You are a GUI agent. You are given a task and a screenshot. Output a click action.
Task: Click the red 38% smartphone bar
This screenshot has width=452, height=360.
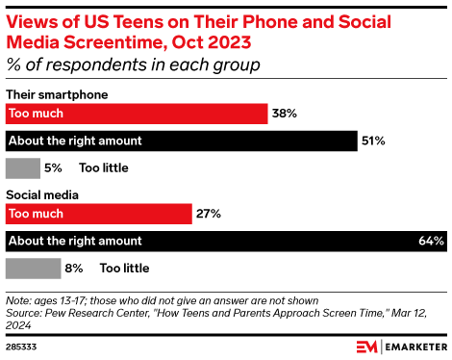tap(136, 114)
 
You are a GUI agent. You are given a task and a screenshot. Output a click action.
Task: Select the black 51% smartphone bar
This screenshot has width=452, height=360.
tap(180, 141)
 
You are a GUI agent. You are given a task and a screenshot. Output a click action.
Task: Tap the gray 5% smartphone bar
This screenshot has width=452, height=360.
tap(23, 167)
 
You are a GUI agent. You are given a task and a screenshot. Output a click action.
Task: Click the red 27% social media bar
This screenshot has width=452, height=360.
tap(99, 213)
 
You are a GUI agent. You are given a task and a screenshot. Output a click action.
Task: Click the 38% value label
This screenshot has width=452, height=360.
tap(285, 114)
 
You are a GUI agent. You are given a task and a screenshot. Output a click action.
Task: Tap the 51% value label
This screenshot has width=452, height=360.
tap(373, 141)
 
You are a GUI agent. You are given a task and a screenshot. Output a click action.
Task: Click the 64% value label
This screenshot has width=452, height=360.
tap(431, 240)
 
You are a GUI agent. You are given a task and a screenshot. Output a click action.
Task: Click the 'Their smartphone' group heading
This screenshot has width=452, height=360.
tap(57, 94)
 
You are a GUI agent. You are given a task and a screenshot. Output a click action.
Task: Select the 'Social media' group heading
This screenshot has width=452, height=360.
tap(42, 194)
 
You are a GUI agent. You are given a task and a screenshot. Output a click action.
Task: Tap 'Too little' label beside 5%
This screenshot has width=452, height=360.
tap(104, 167)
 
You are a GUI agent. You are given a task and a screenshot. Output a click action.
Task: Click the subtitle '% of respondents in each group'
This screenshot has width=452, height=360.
tap(134, 64)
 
